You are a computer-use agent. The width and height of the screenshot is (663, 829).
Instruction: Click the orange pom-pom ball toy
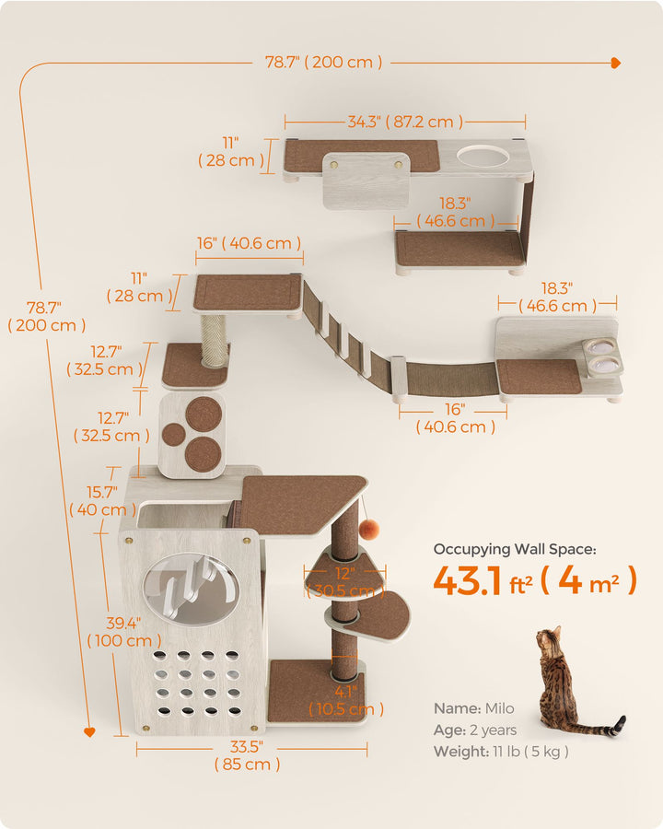[x=369, y=528]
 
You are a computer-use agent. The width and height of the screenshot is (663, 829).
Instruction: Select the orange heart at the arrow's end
[x=89, y=731]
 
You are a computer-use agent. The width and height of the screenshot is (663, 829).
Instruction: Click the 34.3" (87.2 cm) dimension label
[x=405, y=122]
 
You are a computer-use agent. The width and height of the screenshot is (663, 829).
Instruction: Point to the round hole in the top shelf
[x=483, y=157]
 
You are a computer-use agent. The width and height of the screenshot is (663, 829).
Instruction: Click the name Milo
[x=500, y=708]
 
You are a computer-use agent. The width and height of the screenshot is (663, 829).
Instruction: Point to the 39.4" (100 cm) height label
[x=123, y=632]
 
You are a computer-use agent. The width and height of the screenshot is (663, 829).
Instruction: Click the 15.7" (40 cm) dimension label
[x=102, y=501]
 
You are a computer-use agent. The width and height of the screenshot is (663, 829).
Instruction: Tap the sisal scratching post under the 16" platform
[x=213, y=340]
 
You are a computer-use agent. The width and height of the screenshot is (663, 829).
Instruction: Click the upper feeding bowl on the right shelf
[x=600, y=347]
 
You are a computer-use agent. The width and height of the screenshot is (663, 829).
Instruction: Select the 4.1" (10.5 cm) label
[x=346, y=700]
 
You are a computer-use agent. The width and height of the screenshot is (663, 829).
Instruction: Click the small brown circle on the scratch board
[x=173, y=435]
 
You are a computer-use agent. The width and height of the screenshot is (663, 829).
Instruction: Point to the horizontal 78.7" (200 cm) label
[x=323, y=62]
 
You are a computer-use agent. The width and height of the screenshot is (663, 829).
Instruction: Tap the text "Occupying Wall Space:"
[x=515, y=549]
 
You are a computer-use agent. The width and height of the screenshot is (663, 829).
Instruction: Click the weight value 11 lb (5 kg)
[x=530, y=752]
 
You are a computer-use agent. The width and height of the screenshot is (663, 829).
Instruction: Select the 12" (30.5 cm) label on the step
[x=345, y=581]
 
